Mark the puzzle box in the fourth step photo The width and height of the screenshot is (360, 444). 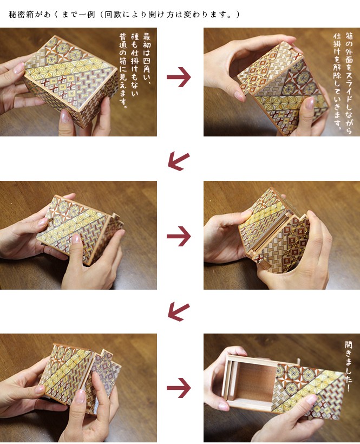pyautogui.click(x=273, y=238)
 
